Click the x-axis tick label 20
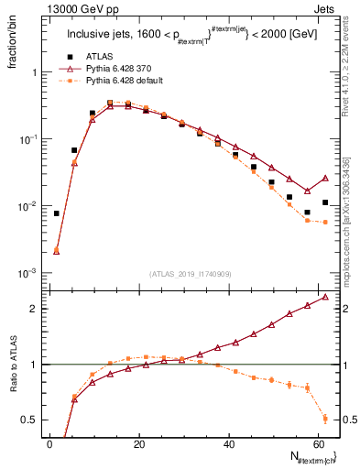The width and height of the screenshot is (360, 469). tap(138, 443)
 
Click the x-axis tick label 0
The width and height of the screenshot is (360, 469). tap(49, 443)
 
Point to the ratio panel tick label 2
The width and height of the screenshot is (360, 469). tap(34, 309)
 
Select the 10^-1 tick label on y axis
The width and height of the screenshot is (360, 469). tap(27, 139)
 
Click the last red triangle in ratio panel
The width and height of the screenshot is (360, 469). tap(325, 297)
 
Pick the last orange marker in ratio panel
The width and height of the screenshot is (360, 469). tap(325, 419)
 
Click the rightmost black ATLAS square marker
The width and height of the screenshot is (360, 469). tap(325, 202)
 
